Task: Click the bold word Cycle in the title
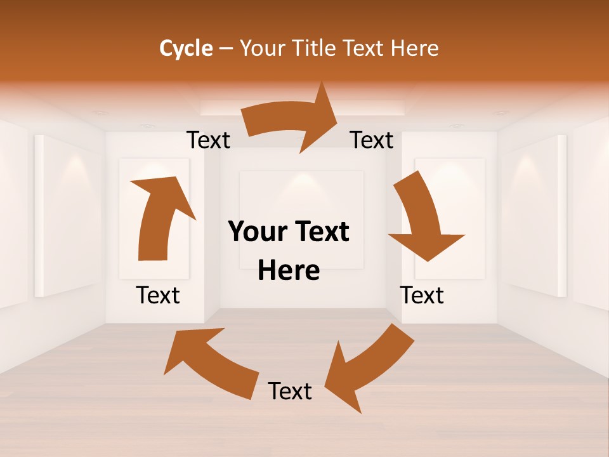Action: pos(186,48)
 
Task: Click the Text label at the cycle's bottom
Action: pos(290,391)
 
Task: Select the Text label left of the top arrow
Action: pos(208,140)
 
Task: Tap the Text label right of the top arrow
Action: pos(372,140)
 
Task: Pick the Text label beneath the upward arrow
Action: pos(158,295)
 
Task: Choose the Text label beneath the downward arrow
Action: pos(422,295)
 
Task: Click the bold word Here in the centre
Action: pos(289,270)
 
